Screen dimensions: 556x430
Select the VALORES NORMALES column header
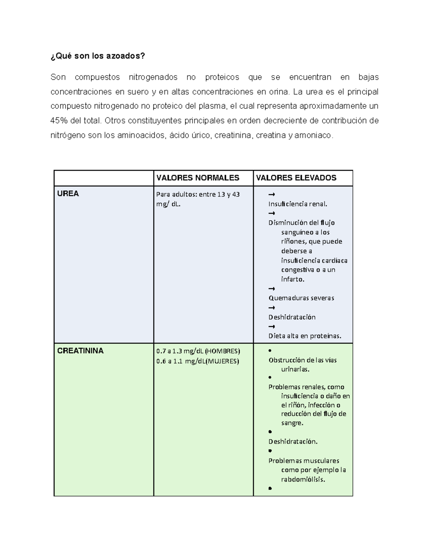[x=198, y=178]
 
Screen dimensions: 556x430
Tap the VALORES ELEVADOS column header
[x=296, y=178]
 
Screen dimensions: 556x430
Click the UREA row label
[x=68, y=194]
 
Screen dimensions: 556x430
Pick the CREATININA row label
[x=80, y=351]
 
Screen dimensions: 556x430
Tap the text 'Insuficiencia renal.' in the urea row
[x=298, y=204]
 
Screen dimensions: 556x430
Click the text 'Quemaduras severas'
[x=301, y=298]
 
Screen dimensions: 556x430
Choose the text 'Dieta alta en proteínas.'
[x=305, y=336]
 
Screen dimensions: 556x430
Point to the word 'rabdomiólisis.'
[x=303, y=479]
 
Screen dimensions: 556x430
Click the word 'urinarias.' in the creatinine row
[x=295, y=369]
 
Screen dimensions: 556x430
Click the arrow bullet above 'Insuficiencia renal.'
[x=272, y=194]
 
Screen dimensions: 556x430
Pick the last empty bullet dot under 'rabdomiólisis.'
[x=270, y=488]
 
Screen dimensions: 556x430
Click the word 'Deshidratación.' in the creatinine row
[x=293, y=441]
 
